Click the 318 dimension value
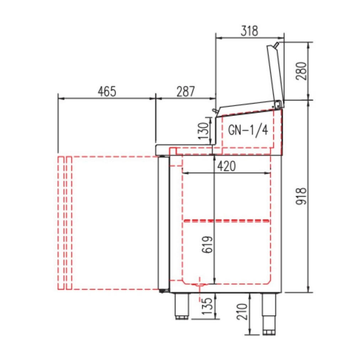(249, 31)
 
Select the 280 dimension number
(301, 71)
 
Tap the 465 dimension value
(107, 91)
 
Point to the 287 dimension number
(186, 91)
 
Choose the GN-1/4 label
(248, 130)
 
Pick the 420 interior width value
(226, 166)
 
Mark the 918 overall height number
(301, 196)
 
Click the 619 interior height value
(207, 245)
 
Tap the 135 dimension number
(207, 306)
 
